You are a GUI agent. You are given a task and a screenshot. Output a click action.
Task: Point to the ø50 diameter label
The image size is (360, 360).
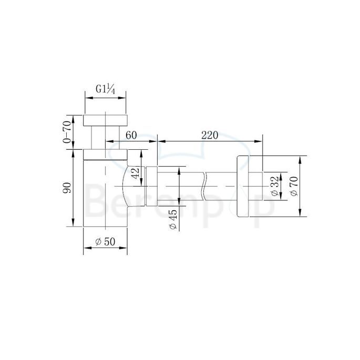pos(105,242)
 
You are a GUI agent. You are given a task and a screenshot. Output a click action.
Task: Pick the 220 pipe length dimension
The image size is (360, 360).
pos(209,135)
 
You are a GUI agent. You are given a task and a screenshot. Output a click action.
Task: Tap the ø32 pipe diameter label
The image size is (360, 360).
pos(274,187)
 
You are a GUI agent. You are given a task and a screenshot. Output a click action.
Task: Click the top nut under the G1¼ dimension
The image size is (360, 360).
pos(105,119)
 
